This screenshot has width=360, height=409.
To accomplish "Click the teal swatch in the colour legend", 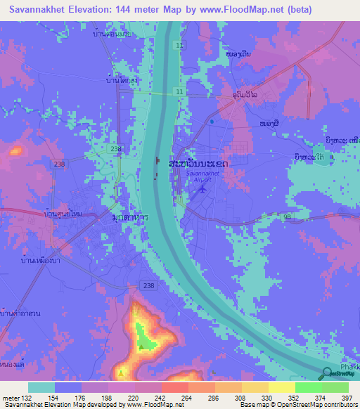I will pos(41,387).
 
